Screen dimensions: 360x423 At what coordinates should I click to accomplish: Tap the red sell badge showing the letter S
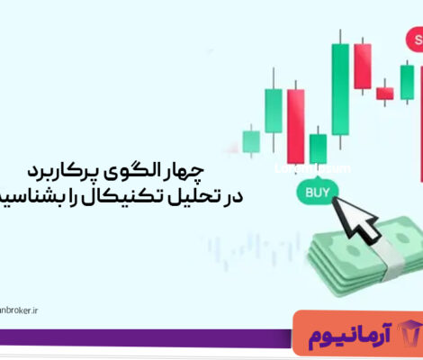[415, 39]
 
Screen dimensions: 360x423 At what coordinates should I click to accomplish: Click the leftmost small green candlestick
[250, 140]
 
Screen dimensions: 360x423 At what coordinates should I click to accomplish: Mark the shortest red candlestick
[384, 92]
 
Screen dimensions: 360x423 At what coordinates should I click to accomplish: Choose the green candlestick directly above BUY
[318, 147]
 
